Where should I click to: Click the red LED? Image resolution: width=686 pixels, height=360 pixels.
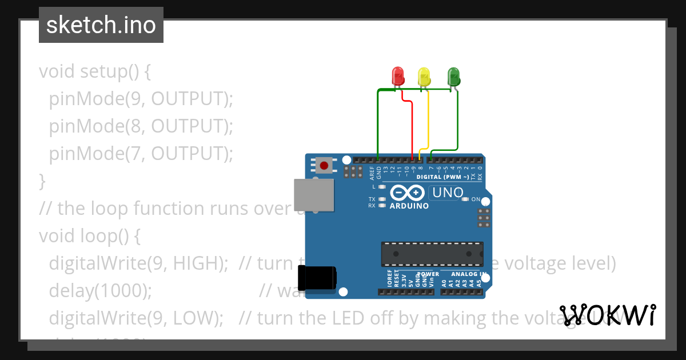click(x=397, y=76)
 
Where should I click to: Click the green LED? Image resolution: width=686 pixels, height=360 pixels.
click(x=453, y=76)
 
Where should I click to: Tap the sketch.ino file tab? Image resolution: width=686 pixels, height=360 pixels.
click(x=101, y=25)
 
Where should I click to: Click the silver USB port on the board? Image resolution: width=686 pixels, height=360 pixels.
click(x=313, y=194)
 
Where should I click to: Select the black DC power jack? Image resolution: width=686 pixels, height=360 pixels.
click(x=321, y=278)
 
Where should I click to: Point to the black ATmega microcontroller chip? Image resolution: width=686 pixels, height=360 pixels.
click(x=432, y=254)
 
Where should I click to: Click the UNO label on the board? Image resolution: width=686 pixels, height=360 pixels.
click(x=448, y=193)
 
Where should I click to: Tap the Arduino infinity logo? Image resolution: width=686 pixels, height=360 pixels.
click(x=408, y=193)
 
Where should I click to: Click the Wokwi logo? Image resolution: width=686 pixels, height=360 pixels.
click(x=608, y=315)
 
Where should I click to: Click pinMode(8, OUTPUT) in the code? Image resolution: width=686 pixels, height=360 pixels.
click(x=141, y=126)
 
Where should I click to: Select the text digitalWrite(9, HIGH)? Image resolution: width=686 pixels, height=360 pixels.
click(x=138, y=263)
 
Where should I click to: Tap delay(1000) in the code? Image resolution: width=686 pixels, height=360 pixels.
click(x=100, y=291)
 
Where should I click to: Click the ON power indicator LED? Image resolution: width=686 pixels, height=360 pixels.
click(x=465, y=199)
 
